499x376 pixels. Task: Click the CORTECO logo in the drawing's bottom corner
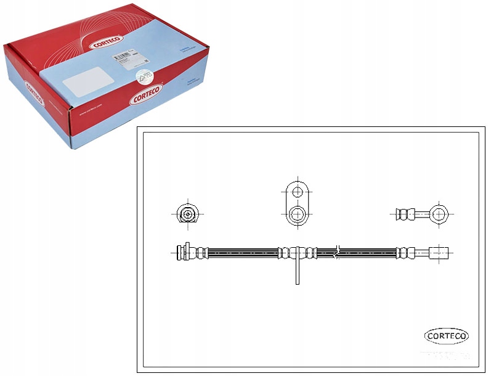[447, 336]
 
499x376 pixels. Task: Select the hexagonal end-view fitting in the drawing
[187, 214]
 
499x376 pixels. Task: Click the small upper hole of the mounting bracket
[297, 192]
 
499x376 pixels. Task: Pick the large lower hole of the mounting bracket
[297, 215]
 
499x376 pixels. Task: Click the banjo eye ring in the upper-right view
[439, 214]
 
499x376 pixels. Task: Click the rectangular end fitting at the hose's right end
[440, 252]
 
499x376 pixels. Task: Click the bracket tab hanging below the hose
[297, 271]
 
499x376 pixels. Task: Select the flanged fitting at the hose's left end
[182, 252]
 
